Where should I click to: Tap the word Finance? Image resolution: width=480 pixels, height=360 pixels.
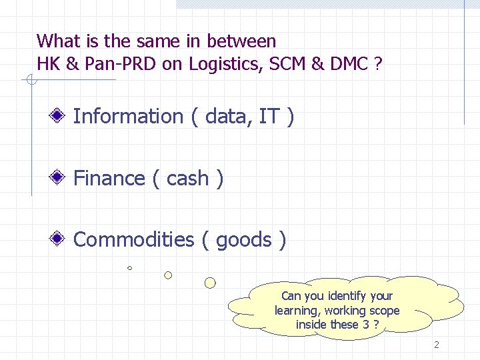(x=109, y=179)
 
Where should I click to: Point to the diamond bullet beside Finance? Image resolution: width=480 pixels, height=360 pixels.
(x=59, y=179)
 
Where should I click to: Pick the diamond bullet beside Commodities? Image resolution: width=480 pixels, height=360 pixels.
(x=59, y=239)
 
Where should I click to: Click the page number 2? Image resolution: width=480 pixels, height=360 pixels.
(x=437, y=345)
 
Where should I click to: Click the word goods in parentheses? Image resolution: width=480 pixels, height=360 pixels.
(x=244, y=240)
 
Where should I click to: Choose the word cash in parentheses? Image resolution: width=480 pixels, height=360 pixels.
(x=187, y=179)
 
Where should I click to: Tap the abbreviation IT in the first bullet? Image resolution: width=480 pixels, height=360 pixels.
(x=269, y=117)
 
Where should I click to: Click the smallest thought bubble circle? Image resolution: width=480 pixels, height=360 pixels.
(x=130, y=268)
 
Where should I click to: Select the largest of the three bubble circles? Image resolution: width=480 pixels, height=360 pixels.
(x=210, y=283)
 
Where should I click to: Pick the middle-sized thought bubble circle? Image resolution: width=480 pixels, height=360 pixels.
(x=168, y=275)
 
